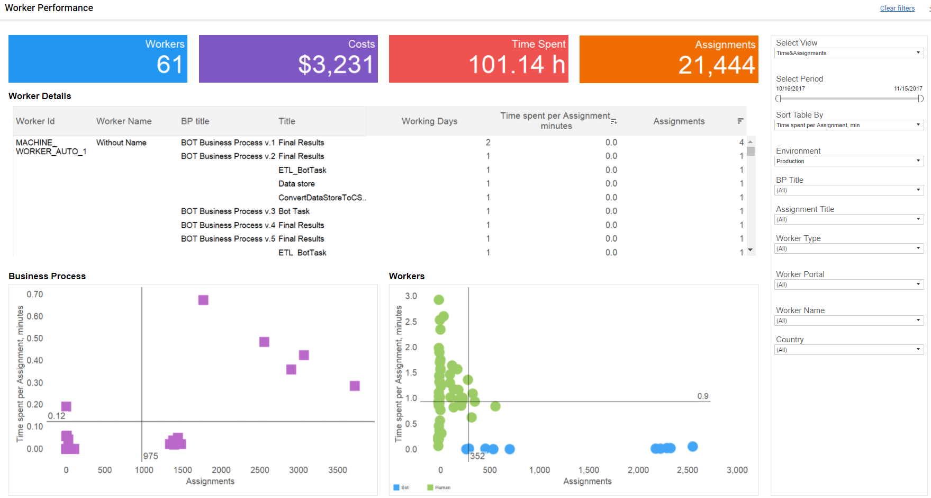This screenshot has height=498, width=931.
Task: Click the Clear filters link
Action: [x=897, y=8]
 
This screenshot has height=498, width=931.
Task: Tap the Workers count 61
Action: [x=170, y=65]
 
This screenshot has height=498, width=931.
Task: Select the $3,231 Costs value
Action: [x=336, y=65]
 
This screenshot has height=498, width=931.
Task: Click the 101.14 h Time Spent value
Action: [x=517, y=65]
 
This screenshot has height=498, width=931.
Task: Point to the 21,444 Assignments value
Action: [x=717, y=65]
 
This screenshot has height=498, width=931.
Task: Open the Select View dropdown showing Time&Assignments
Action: [x=849, y=53]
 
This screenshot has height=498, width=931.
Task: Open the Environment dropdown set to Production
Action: [x=849, y=161]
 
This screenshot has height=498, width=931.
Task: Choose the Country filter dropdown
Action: [x=849, y=350]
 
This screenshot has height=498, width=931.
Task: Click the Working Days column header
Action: [x=429, y=121]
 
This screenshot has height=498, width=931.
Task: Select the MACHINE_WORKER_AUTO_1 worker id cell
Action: [x=51, y=147]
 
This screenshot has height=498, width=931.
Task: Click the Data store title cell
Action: [x=296, y=184]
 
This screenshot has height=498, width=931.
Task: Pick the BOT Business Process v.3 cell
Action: [x=228, y=211]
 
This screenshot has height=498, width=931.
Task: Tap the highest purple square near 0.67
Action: [x=203, y=300]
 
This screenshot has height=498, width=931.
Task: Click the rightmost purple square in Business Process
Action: [x=355, y=386]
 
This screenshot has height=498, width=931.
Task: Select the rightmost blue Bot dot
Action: [x=692, y=447]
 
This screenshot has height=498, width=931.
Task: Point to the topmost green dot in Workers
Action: [x=439, y=300]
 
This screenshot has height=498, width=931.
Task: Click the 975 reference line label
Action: [x=150, y=456]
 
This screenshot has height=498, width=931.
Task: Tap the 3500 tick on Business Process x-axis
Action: [x=337, y=470]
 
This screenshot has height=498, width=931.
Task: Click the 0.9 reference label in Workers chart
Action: [x=703, y=396]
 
